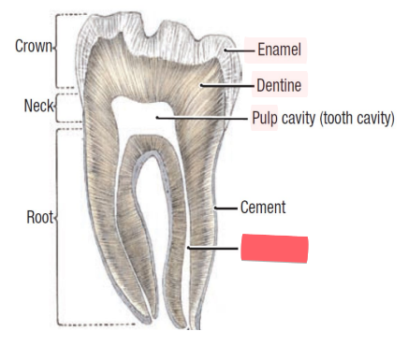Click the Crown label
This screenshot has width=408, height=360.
coord(34,45)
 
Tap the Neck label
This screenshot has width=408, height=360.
coord(38,107)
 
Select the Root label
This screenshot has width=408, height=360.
coord(40,218)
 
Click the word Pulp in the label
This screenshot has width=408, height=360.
coord(265,119)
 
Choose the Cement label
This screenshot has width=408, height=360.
coord(263,207)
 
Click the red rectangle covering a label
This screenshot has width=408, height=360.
coord(274,248)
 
